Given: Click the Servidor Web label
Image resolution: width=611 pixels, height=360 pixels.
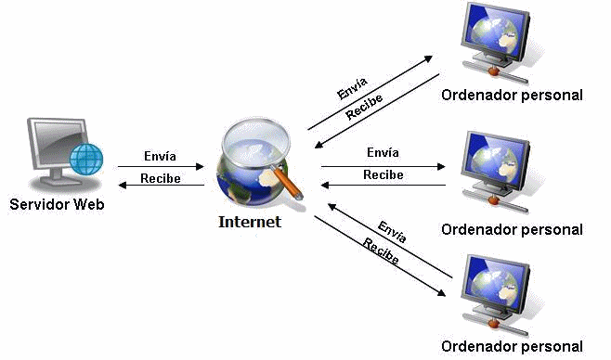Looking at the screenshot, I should pos(54,203).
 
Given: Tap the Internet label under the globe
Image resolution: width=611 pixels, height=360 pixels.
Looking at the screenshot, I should pos(249,223).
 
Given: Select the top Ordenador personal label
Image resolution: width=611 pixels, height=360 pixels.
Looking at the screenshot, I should pos(512,95).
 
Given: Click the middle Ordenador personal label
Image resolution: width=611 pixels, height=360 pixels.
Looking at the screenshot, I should pos(512,229).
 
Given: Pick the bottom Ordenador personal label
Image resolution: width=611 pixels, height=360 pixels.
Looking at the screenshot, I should pos(512,347).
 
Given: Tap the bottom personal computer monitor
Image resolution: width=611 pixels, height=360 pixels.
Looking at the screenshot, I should pos(500,284).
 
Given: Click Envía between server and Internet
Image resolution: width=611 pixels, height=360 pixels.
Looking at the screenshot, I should pos(160,157).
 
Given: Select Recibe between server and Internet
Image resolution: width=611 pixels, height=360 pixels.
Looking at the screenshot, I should pos(160,178).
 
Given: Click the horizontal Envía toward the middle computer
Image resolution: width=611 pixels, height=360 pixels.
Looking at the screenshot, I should pos(383,152).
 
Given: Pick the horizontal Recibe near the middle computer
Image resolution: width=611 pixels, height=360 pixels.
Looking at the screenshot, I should pos(383,174).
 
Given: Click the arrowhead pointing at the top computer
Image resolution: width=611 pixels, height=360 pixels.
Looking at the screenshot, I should pos(430,58).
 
